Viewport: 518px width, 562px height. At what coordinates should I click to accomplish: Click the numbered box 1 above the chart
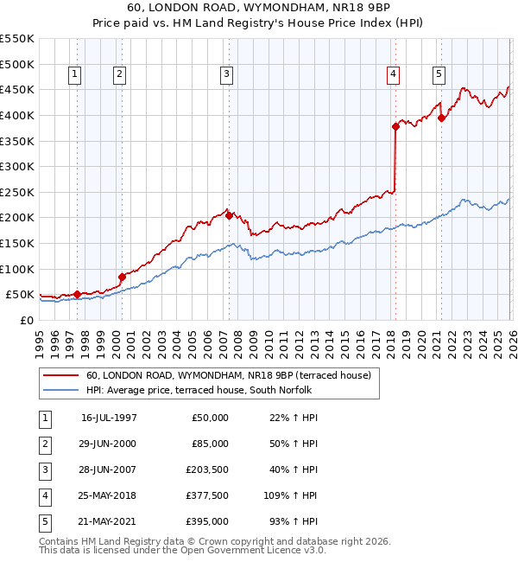point(76,75)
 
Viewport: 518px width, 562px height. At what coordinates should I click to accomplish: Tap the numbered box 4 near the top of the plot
point(393,75)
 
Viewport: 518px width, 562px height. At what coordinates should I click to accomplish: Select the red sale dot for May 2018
point(395,126)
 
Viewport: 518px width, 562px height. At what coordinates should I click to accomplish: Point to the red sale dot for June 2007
point(229,216)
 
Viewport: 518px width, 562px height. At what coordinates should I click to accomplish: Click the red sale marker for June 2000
point(122,277)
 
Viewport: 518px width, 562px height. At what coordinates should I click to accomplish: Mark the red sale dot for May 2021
point(441,118)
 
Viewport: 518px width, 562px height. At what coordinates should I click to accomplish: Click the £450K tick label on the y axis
point(17,90)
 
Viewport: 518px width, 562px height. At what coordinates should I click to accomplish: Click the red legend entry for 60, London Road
point(228,375)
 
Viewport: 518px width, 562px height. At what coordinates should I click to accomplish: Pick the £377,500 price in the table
point(207,496)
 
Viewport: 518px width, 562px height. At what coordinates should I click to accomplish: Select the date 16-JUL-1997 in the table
point(109,418)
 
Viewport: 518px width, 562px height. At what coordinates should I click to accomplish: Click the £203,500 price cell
point(207,470)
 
